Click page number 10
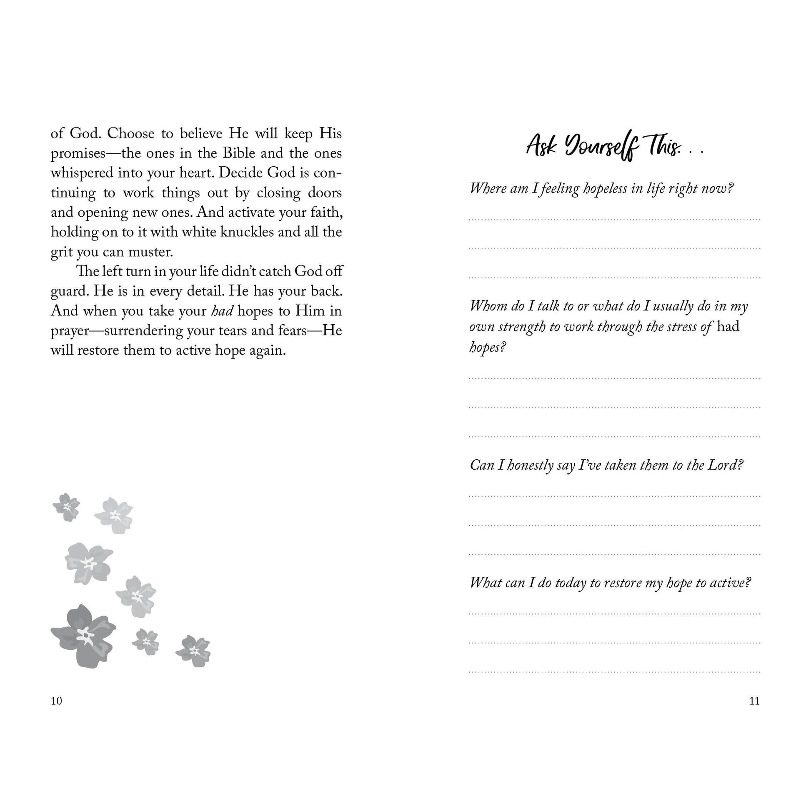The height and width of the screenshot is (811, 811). [56, 701]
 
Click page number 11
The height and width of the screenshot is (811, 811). [754, 701]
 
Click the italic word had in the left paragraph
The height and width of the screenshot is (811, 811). [222, 311]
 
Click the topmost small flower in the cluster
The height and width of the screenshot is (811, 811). [66, 506]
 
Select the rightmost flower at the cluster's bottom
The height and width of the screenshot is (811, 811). [193, 651]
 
